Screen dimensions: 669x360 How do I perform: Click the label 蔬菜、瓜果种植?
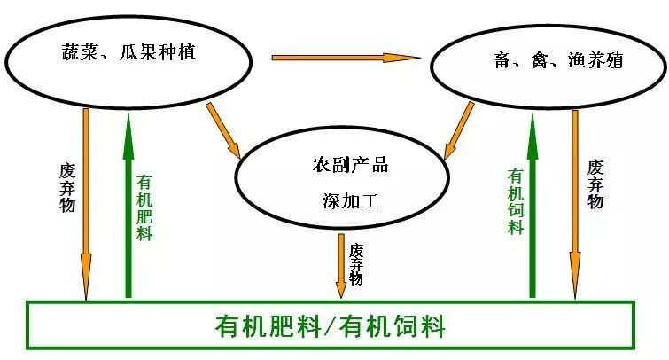(128, 52)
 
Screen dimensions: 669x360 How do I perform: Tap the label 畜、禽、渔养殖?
(559, 60)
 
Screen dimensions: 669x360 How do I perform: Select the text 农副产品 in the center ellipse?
(350, 164)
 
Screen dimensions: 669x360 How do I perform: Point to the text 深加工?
(351, 200)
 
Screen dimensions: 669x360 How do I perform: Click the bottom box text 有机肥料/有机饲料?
(331, 326)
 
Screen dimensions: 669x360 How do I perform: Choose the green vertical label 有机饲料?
(516, 201)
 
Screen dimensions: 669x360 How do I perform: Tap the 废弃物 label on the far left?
(67, 188)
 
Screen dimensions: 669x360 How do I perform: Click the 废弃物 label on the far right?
(595, 184)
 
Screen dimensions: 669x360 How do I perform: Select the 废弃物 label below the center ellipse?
(356, 264)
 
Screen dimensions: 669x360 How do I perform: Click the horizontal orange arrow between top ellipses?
(346, 58)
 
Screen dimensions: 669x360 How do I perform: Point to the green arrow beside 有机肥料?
(128, 204)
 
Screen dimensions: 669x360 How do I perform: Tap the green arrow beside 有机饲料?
(533, 205)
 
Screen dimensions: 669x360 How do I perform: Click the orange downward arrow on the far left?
(86, 204)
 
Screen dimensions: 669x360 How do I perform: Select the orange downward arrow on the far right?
(575, 205)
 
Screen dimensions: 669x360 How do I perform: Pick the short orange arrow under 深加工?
(341, 266)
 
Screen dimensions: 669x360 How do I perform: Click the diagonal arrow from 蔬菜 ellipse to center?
(223, 130)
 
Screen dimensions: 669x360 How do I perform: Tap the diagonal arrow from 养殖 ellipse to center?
(459, 130)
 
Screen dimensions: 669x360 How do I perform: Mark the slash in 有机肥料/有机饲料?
(331, 326)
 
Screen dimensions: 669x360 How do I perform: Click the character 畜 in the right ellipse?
(502, 60)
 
